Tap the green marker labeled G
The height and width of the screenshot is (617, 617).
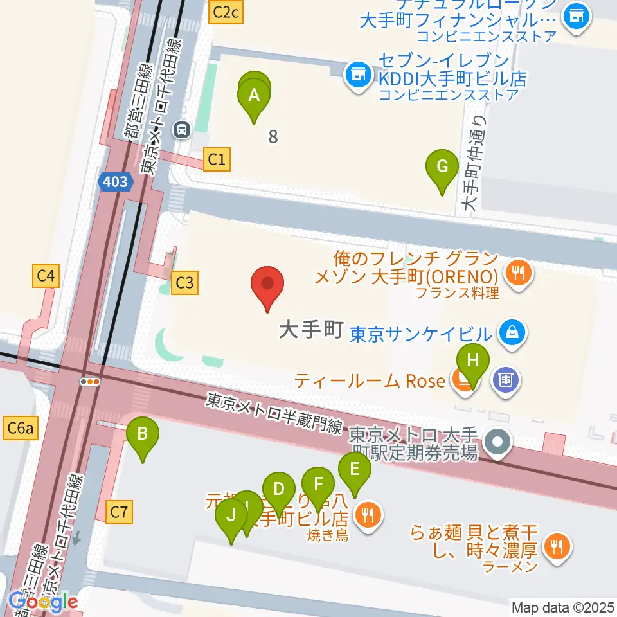[x=442, y=167]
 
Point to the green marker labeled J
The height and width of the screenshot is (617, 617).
[x=231, y=516]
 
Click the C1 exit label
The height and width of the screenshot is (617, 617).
[x=217, y=159]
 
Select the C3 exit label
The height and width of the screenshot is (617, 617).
[x=184, y=282]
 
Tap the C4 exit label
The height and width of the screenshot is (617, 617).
[x=45, y=277]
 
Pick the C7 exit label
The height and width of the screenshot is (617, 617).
[x=120, y=512]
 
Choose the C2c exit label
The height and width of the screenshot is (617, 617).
[x=227, y=11]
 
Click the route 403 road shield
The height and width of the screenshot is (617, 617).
[x=115, y=182]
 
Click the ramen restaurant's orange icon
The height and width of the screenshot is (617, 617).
[x=553, y=547]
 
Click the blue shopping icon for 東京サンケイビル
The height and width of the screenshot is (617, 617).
[x=515, y=333]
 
